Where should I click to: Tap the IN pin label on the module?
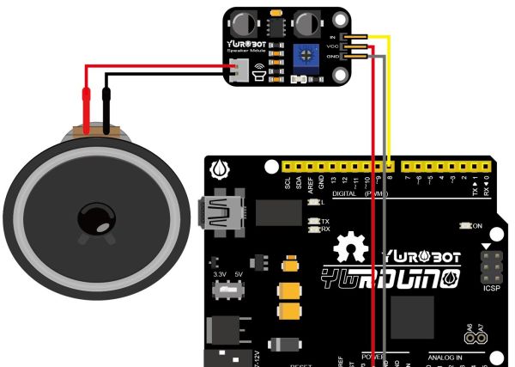pyautogui.click(x=333, y=39)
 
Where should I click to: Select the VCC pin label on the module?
pyautogui.click(x=333, y=46)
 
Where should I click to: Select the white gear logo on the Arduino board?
pyautogui.click(x=354, y=250)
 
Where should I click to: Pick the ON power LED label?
pyautogui.click(x=476, y=226)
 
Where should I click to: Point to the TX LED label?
pyautogui.click(x=324, y=222)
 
